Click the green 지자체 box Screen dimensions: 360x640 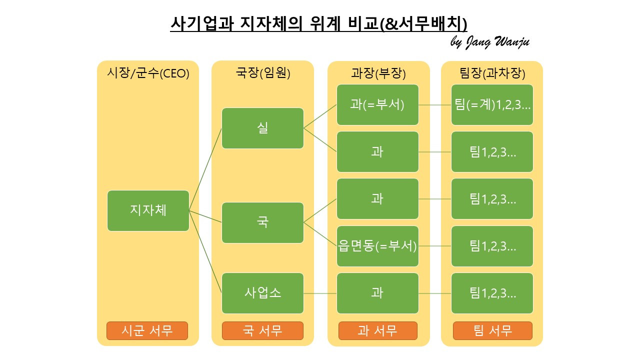(148, 210)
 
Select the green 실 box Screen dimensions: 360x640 (262, 128)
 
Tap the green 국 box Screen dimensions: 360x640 (262, 222)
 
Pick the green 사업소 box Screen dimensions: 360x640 (262, 293)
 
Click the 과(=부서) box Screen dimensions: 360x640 (377, 105)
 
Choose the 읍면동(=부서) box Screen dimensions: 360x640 (377, 246)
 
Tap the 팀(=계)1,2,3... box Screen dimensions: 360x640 (492, 105)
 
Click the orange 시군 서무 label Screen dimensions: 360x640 (147, 330)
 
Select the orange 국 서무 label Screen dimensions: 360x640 (262, 330)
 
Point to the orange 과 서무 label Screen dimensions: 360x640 (377, 330)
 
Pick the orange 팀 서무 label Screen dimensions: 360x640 (492, 330)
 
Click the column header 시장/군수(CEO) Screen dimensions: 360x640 (148, 73)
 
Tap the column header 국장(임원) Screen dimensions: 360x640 (263, 73)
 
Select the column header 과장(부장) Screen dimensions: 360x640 (378, 73)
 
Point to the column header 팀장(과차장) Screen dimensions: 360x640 (492, 73)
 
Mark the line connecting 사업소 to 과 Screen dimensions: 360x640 (320, 293)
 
